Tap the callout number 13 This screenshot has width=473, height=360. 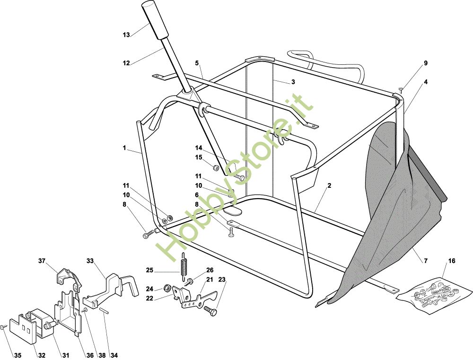tap(126, 35)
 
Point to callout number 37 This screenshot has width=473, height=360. tap(42, 260)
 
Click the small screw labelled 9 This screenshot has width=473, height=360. tap(401, 89)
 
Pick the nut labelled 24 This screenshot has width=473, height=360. tap(167, 288)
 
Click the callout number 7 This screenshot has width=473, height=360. tap(426, 261)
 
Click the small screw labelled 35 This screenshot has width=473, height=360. tap(3, 327)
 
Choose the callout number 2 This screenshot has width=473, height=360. tap(329, 185)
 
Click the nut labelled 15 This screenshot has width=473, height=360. tap(216, 168)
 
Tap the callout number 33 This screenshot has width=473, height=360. tap(90, 260)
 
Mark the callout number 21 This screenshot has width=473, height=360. tap(210, 280)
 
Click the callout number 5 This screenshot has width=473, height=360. tap(197, 63)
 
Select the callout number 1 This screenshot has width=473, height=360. tap(124, 148)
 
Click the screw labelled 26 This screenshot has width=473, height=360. tap(189, 281)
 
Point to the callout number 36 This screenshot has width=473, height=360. tap(89, 355)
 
